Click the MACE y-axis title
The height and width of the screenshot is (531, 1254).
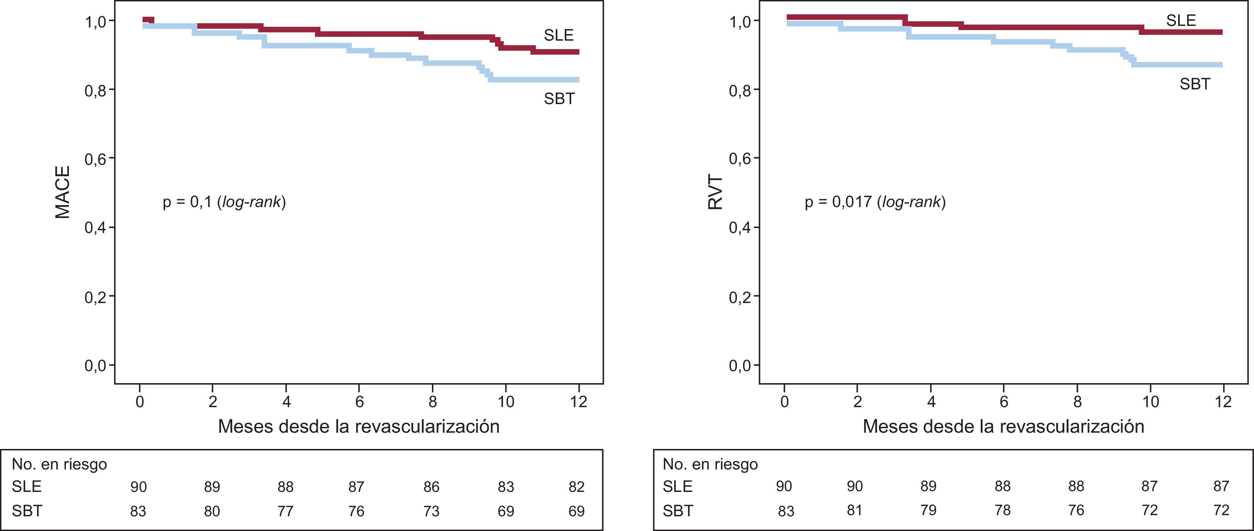[63, 193]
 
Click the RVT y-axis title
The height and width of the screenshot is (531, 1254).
[715, 193]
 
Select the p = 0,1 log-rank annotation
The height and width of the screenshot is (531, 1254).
[224, 202]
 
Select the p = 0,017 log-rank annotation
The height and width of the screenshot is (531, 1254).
[875, 202]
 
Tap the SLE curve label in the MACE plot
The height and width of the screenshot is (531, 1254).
[559, 35]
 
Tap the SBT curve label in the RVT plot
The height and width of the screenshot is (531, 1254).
[1195, 84]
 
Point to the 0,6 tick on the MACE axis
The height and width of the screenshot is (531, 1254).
[96, 159]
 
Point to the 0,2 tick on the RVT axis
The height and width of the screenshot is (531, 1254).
[740, 296]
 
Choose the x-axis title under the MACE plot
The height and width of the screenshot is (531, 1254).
[358, 427]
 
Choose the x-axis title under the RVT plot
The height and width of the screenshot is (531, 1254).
[1003, 427]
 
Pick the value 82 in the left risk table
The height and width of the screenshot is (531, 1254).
[576, 487]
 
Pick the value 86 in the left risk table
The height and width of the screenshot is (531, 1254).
[431, 487]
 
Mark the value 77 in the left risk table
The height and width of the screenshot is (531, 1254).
[285, 511]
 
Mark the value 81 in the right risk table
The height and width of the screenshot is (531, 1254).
[854, 510]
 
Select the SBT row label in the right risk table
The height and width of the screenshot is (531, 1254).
[678, 510]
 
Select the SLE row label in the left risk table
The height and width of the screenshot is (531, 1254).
[27, 487]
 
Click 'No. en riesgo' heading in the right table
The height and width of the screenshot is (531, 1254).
[710, 464]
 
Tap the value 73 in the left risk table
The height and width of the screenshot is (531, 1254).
[431, 511]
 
